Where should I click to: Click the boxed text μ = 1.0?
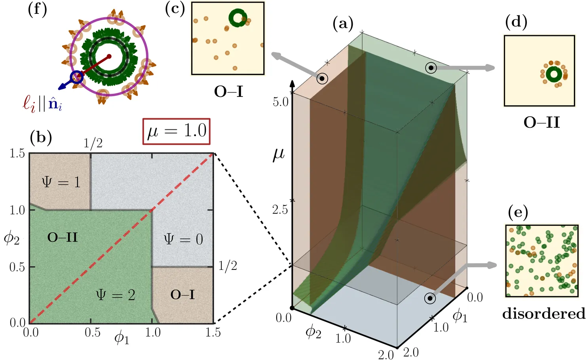click(x=177, y=131)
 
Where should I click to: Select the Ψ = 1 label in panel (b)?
click(x=61, y=182)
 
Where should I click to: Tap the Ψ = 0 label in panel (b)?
click(x=183, y=239)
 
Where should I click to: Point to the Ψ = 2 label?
click(x=116, y=294)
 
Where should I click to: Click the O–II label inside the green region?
click(x=63, y=237)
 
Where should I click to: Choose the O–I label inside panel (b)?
click(x=182, y=294)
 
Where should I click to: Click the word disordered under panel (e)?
click(x=543, y=314)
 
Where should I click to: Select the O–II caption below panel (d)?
click(x=541, y=123)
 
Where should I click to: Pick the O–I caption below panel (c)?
click(x=228, y=92)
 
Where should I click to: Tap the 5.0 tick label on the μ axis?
click(x=280, y=102)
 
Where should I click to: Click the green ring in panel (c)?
click(x=238, y=18)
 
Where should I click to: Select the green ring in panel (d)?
click(x=554, y=74)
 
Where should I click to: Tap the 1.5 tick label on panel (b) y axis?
click(x=17, y=153)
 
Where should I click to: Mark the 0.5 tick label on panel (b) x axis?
click(x=93, y=332)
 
